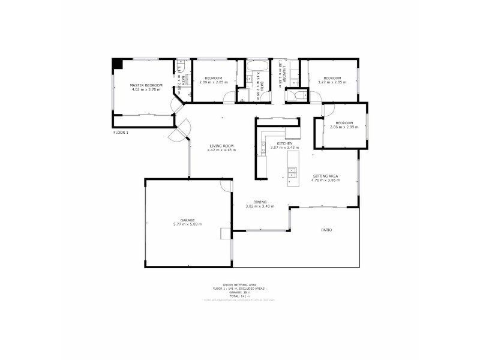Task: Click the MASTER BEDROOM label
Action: coord(146,86)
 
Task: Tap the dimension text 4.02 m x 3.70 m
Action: coord(146,91)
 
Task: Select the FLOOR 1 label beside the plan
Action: coord(121,132)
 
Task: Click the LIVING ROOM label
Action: coord(221,145)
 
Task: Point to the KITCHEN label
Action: coord(285,144)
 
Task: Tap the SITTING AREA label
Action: coord(325,176)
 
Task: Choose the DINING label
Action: coord(259,202)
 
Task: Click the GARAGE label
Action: coord(187,220)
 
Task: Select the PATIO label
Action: coord(326,230)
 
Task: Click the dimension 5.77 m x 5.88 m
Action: coord(187,224)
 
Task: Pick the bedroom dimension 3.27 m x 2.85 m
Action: coord(332,83)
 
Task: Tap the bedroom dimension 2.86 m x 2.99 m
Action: coord(344,127)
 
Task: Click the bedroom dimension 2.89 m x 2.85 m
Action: coord(213,83)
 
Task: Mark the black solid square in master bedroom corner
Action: coord(118,64)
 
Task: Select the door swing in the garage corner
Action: coord(226,185)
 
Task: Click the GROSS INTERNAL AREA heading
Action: coord(239,284)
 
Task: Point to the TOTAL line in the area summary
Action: coord(239,296)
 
